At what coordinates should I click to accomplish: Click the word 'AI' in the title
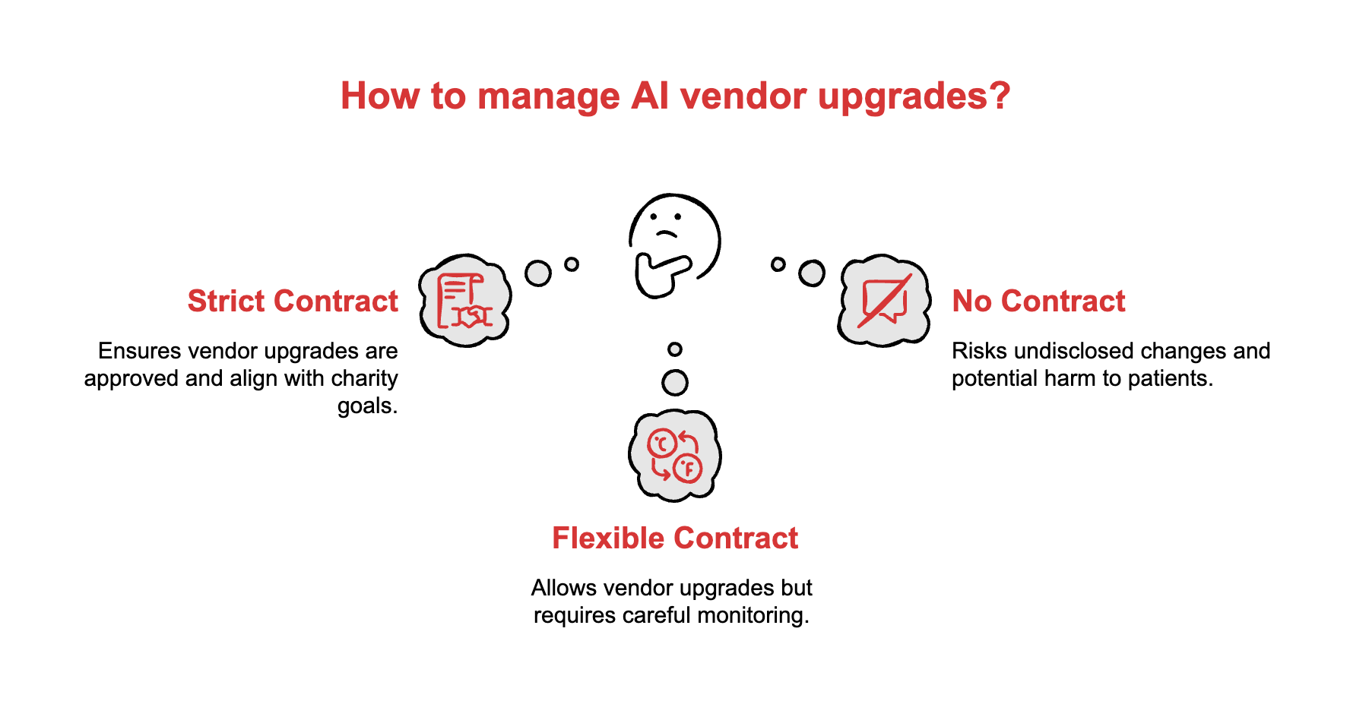648,96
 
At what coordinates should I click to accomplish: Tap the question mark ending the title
1000,96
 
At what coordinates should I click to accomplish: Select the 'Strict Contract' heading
293,302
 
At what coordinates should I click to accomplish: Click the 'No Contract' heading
1038,302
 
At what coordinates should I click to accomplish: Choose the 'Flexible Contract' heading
675,538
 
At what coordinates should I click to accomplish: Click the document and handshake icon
464,301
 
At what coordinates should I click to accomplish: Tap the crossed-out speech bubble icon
884,301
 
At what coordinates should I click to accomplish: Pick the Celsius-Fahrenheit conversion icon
674,456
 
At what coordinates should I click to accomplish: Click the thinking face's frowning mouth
667,232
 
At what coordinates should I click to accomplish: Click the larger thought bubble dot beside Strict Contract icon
538,273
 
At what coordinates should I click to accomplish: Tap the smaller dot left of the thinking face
572,264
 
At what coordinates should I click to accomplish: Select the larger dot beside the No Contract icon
812,273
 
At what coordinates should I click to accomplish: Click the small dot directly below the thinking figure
675,349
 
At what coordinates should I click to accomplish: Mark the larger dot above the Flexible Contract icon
675,383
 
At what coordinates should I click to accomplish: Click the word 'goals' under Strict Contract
367,406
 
